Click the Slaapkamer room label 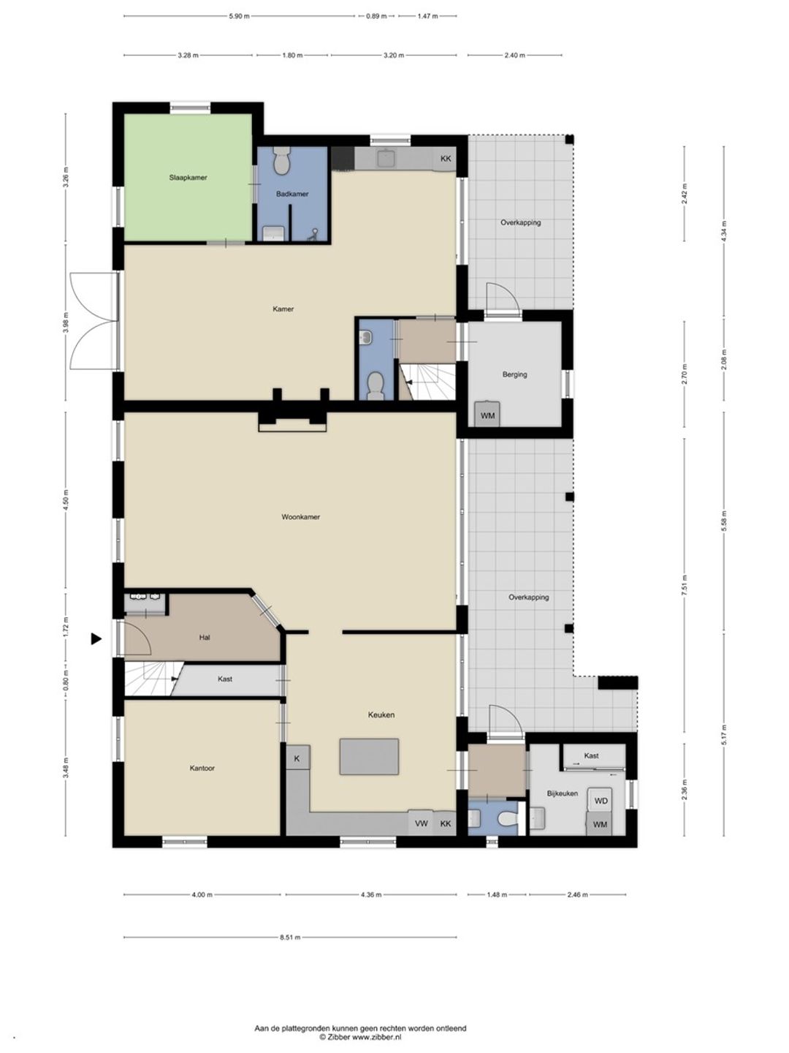(x=188, y=178)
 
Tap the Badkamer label (x=292, y=194)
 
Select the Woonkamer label (x=300, y=517)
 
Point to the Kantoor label (x=202, y=768)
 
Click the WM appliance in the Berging (x=487, y=415)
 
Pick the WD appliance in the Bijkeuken (x=601, y=801)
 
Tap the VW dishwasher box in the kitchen (x=421, y=823)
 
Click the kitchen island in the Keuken (x=369, y=757)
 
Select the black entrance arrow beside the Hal (x=96, y=638)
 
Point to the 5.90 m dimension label (x=240, y=16)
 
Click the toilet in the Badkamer (x=282, y=161)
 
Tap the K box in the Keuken (x=297, y=758)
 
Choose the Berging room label (x=514, y=374)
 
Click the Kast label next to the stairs (x=225, y=679)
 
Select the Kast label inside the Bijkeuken (x=591, y=755)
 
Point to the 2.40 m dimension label (x=514, y=55)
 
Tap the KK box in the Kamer (x=446, y=159)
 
